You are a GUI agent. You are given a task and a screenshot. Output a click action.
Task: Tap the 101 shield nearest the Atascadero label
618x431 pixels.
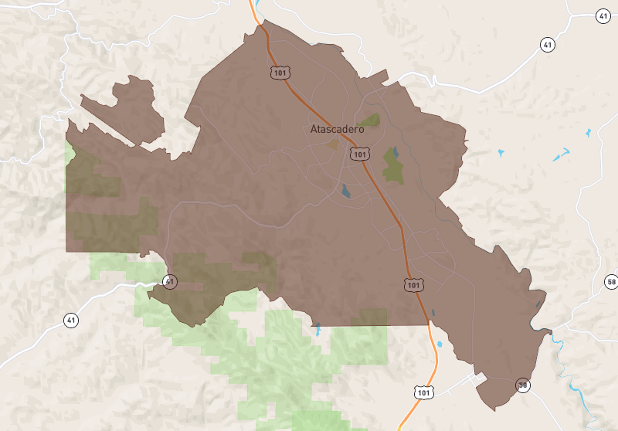coord(358,154)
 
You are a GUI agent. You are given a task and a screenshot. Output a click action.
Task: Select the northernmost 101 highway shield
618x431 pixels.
coord(278,72)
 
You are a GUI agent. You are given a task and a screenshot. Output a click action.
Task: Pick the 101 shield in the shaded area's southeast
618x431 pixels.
coord(413,285)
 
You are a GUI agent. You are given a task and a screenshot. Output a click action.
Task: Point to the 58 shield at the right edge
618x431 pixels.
coord(612,282)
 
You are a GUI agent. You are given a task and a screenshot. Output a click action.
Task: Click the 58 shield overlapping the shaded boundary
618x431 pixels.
coord(523,385)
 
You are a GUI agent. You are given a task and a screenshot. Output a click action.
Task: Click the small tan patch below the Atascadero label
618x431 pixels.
coord(333,143)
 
